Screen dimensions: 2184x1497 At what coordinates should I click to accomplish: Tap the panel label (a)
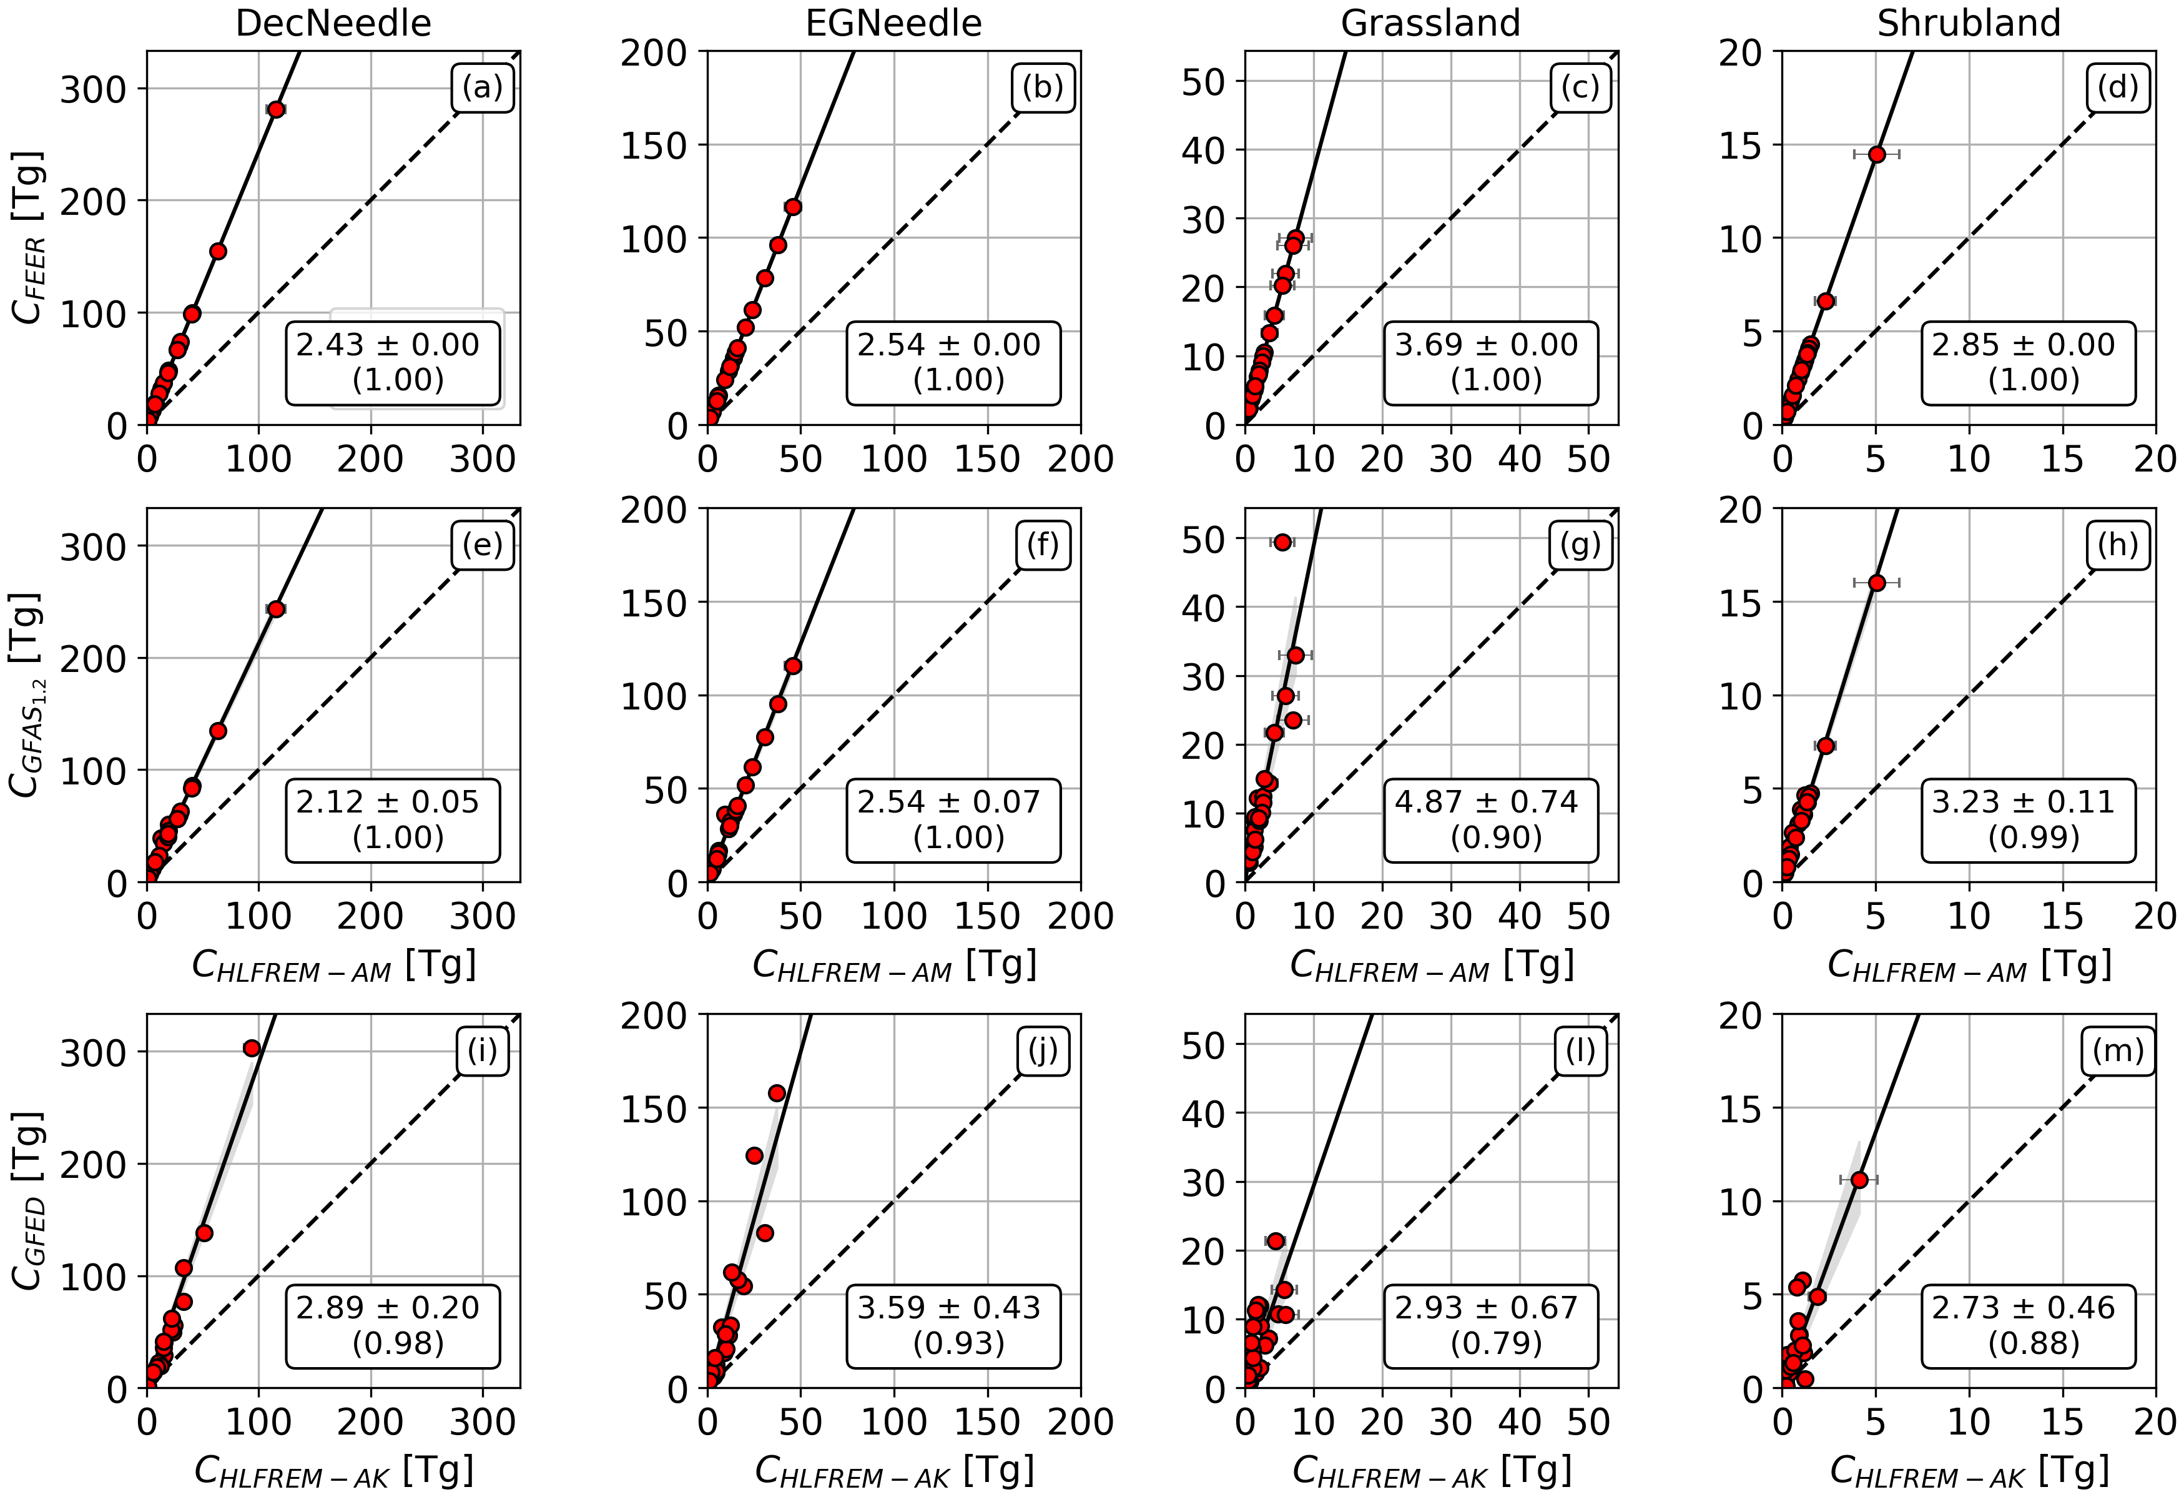point(482,87)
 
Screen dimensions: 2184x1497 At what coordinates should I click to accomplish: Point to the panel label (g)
point(1581,545)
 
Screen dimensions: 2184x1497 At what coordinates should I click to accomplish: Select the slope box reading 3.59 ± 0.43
point(953,1326)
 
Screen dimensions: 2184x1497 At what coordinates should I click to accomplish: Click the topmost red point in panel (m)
point(1859,1179)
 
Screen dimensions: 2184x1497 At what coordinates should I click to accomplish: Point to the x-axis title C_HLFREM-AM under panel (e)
point(333,965)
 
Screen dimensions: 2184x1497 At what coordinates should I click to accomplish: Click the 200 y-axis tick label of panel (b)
point(654,54)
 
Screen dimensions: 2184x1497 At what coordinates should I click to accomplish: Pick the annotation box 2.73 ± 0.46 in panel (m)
point(2028,1326)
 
